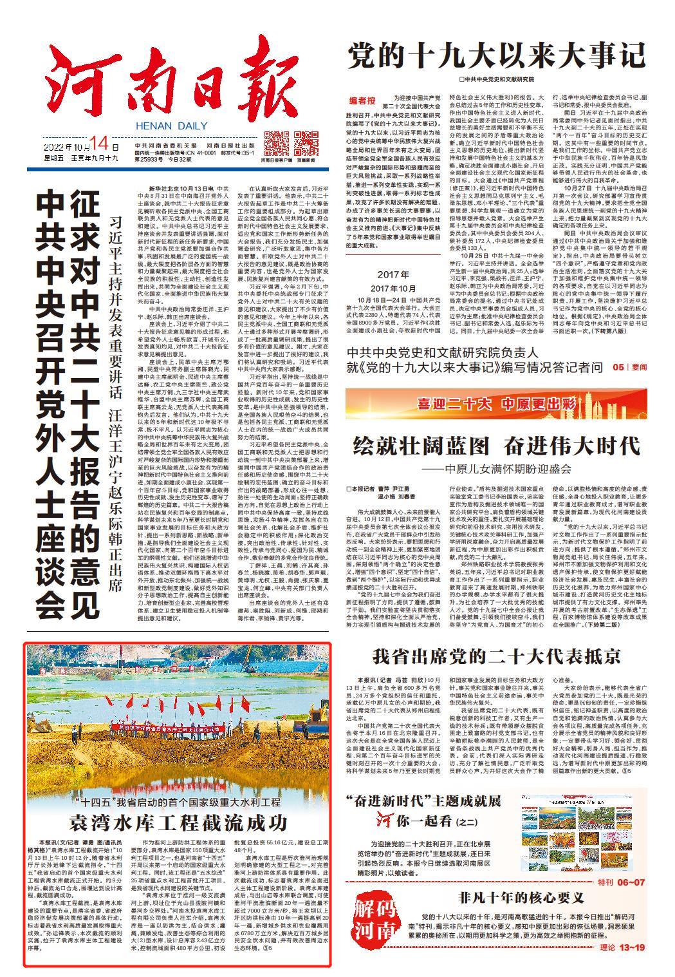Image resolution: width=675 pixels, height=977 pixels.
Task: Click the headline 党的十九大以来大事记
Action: [495, 56]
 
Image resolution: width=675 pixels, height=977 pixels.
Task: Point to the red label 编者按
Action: [362, 100]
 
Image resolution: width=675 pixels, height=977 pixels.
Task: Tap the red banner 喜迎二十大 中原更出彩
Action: [495, 404]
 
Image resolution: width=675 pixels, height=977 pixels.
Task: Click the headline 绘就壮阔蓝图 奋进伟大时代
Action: [495, 445]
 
